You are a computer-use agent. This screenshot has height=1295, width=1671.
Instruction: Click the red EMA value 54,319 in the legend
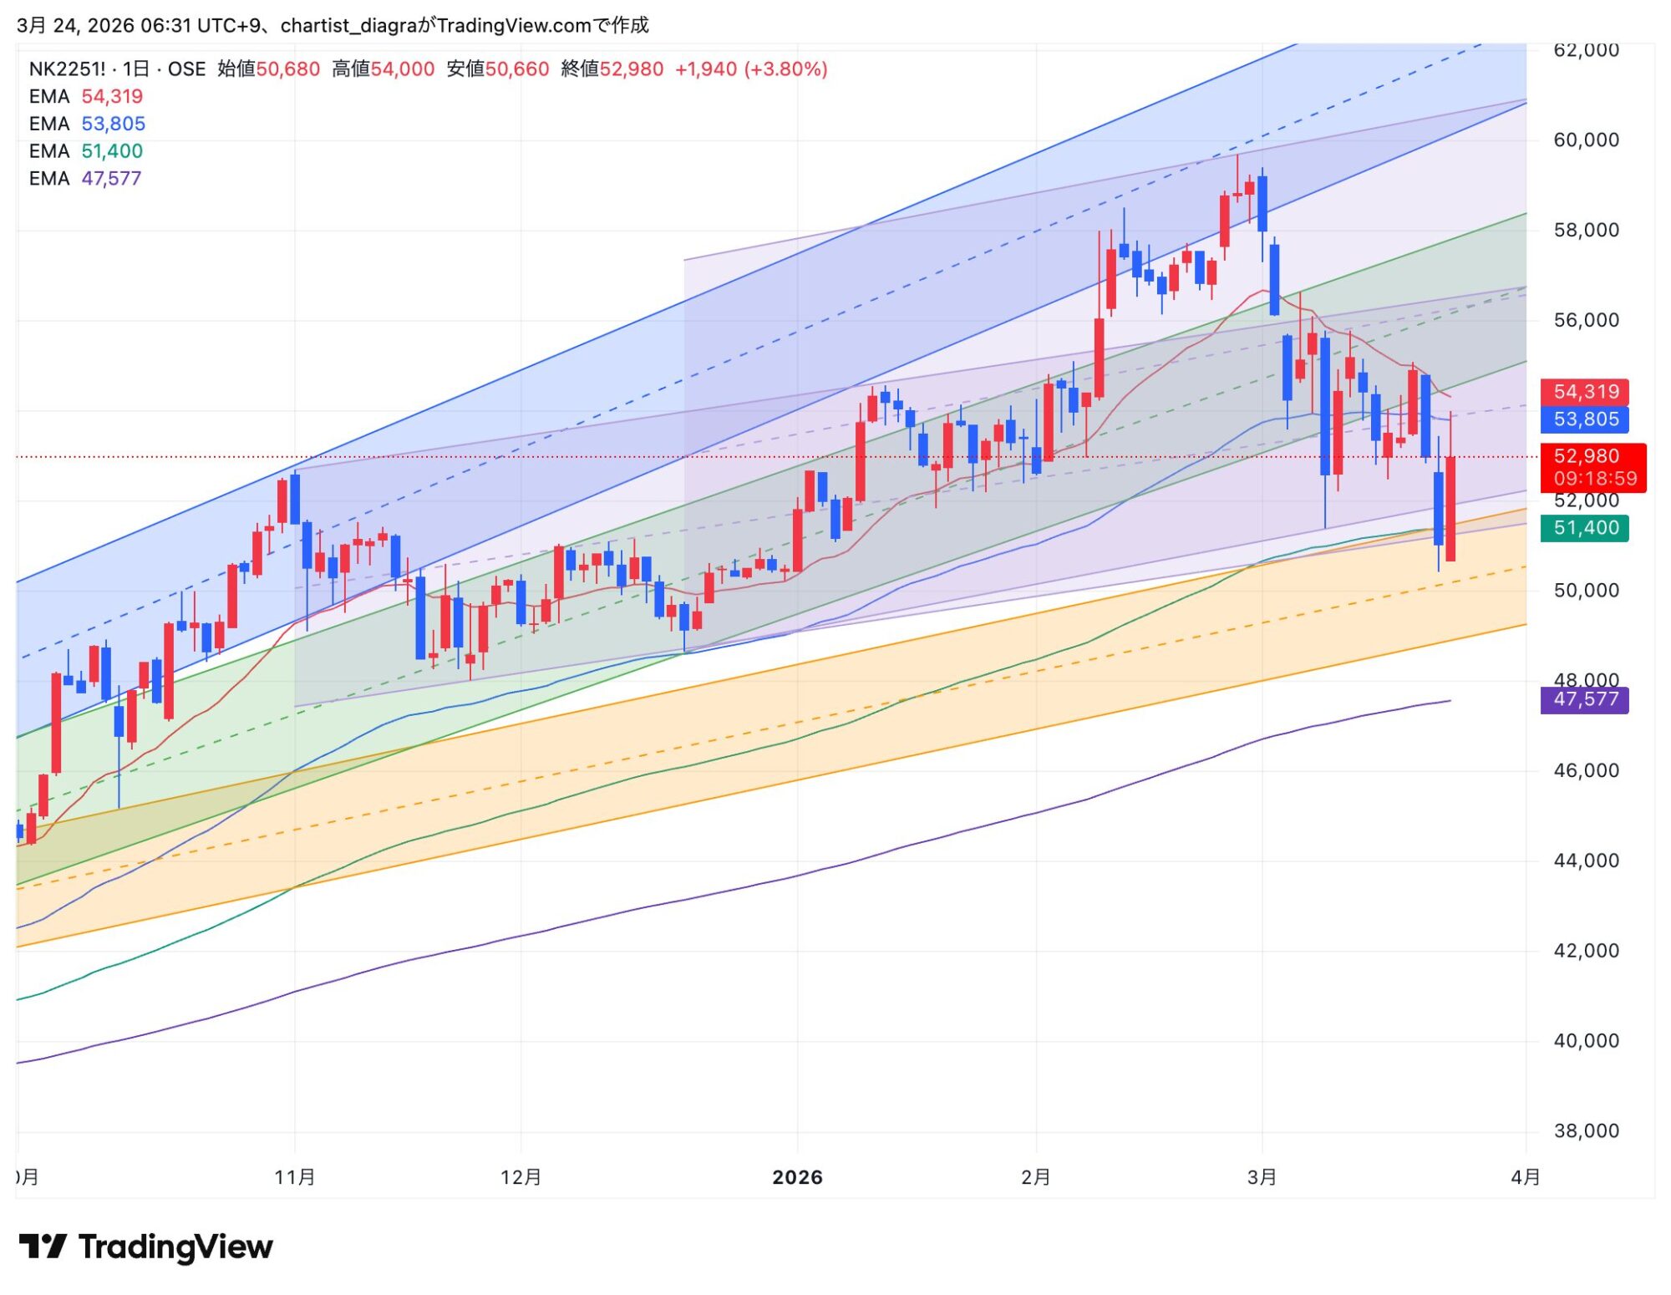click(x=112, y=97)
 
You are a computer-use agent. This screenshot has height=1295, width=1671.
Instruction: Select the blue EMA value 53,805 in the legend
click(x=113, y=124)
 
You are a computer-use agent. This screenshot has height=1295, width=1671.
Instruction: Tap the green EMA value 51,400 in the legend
click(x=112, y=151)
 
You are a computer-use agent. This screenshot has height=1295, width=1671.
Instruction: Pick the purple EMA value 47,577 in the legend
click(x=111, y=179)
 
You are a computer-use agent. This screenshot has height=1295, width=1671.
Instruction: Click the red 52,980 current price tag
click(x=1586, y=456)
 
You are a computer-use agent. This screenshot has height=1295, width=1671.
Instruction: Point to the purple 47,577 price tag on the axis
click(x=1585, y=699)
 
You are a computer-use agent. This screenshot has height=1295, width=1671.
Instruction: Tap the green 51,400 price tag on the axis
click(x=1585, y=528)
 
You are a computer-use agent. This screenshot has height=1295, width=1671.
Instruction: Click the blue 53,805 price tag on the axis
click(x=1585, y=419)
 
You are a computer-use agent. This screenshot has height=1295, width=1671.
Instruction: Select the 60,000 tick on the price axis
click(x=1586, y=140)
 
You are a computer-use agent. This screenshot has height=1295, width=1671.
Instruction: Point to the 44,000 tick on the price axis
click(x=1586, y=861)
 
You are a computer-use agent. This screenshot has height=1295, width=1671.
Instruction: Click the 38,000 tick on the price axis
click(x=1586, y=1131)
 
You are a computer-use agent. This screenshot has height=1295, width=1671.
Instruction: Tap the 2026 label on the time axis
click(x=797, y=1177)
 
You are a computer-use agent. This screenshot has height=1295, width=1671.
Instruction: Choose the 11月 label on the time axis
click(x=295, y=1177)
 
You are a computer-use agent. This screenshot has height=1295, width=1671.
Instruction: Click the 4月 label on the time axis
click(x=1526, y=1177)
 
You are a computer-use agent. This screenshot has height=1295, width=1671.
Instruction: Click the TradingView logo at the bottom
click(x=146, y=1247)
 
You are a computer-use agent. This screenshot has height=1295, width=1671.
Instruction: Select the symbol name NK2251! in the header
click(x=67, y=69)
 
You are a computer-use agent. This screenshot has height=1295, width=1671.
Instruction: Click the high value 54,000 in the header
click(x=403, y=69)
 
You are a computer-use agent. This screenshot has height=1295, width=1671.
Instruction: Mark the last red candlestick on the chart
click(x=1450, y=508)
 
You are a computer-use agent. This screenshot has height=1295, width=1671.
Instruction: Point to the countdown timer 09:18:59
click(x=1595, y=479)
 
